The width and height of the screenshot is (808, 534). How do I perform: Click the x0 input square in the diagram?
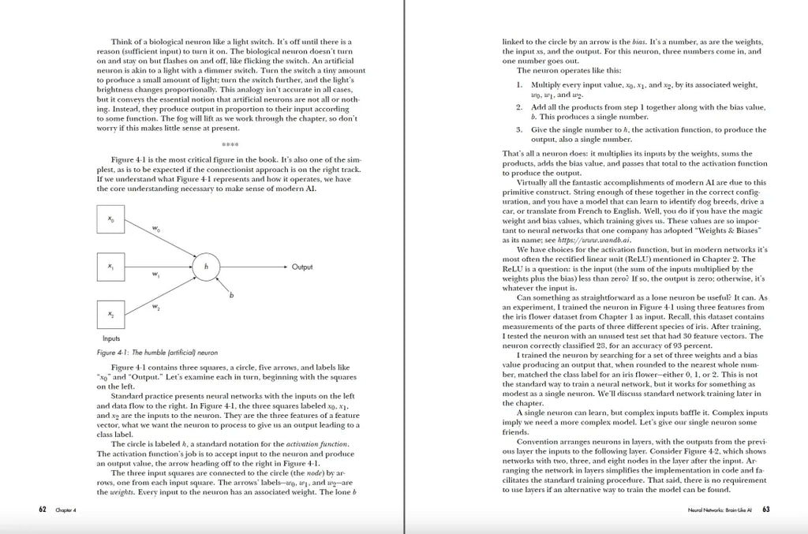click(111, 221)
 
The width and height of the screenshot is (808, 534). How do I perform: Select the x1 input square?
click(111, 267)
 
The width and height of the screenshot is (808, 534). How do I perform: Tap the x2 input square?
click(111, 315)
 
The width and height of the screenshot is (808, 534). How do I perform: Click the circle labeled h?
click(206, 267)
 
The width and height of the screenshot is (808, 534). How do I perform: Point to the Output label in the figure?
click(301, 267)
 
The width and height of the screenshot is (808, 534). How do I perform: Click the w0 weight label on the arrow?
click(156, 230)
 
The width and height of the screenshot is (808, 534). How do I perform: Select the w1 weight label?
click(155, 274)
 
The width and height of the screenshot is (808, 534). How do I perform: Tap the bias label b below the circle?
click(231, 296)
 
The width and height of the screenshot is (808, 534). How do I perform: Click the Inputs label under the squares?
click(111, 338)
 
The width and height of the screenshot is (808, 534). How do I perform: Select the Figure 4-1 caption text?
click(157, 352)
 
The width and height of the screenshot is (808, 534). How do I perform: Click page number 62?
click(43, 510)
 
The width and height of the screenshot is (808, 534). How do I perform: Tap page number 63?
click(766, 510)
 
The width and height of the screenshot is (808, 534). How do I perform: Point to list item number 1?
click(520, 84)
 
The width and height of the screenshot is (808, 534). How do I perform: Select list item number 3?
click(519, 129)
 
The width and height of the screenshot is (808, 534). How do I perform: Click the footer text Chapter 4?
click(65, 511)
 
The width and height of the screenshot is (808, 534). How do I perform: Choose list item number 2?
click(519, 106)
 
